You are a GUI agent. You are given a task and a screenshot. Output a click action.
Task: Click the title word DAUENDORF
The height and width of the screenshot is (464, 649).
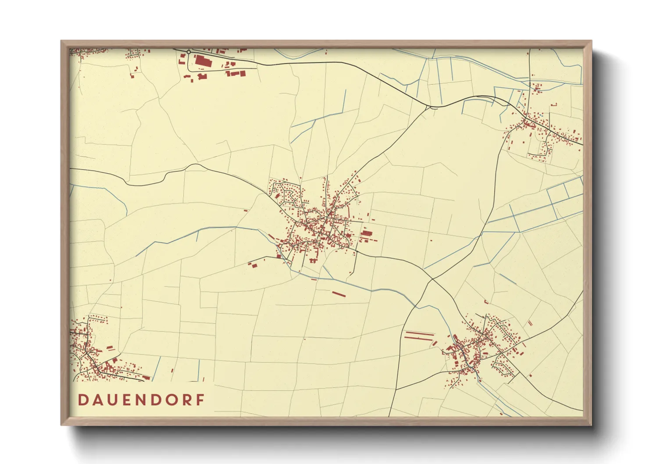click(x=141, y=400)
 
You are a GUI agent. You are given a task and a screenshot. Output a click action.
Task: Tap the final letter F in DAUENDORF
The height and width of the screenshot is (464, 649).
click(x=200, y=400)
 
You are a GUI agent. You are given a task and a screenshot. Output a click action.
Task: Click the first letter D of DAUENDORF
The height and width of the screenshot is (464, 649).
click(x=82, y=400)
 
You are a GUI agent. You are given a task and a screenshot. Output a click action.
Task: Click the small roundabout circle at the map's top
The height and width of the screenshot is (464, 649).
click(x=189, y=52)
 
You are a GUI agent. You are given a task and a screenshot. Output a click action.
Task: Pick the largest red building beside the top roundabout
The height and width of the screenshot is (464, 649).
click(x=203, y=61)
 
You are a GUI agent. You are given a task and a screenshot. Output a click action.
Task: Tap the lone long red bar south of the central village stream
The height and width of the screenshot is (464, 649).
click(x=339, y=294)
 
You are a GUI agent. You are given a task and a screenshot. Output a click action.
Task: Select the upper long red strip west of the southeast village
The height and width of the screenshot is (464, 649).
click(x=419, y=333)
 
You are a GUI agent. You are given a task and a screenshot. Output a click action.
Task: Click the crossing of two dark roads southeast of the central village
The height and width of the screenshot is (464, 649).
click(x=432, y=279)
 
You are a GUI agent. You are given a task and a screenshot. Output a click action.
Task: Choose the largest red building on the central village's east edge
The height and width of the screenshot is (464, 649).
click(x=367, y=234)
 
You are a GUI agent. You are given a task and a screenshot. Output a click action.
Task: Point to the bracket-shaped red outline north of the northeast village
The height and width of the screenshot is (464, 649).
click(x=553, y=104)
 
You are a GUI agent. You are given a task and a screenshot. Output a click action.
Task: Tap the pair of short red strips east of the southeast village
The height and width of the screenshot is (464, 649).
click(x=530, y=323)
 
